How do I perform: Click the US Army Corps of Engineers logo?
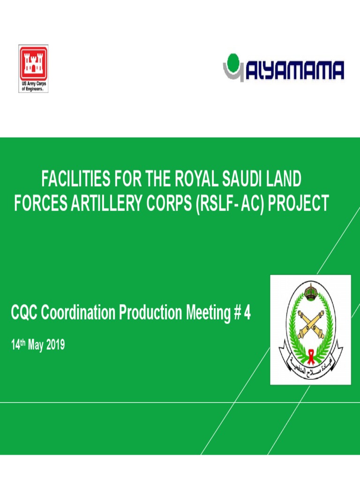(33, 68)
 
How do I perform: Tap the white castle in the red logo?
(33, 63)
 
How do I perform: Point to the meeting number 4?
(247, 313)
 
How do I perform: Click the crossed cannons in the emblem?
(310, 323)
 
